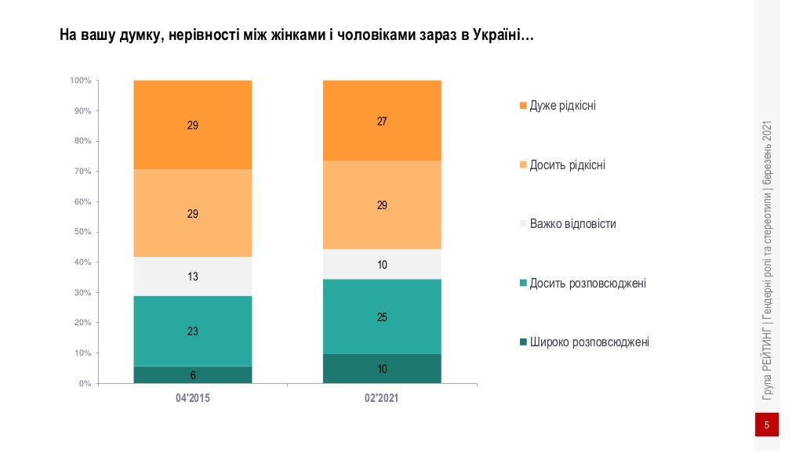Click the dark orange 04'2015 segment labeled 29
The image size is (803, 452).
tap(192, 125)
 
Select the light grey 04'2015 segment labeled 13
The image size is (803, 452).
tap(192, 277)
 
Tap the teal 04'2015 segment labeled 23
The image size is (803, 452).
tap(192, 331)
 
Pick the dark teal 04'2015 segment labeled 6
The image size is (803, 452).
tap(192, 375)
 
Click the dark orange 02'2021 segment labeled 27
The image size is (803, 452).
tap(382, 121)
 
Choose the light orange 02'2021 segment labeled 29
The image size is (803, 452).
tap(382, 205)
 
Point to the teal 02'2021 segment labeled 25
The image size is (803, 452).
tap(382, 317)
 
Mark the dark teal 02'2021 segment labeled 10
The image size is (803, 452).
tap(382, 369)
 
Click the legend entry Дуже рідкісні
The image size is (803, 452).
tap(562, 105)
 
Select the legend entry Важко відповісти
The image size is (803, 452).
tap(572, 224)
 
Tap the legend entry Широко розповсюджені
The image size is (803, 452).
tap(589, 342)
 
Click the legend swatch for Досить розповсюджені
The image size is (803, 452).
tap(522, 283)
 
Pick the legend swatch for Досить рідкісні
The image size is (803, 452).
tap(522, 165)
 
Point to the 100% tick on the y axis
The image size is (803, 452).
tap(81, 81)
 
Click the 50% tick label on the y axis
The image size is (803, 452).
tap(82, 232)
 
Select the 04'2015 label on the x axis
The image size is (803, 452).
tap(192, 399)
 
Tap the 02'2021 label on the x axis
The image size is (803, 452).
tap(382, 399)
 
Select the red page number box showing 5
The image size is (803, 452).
tap(766, 425)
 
